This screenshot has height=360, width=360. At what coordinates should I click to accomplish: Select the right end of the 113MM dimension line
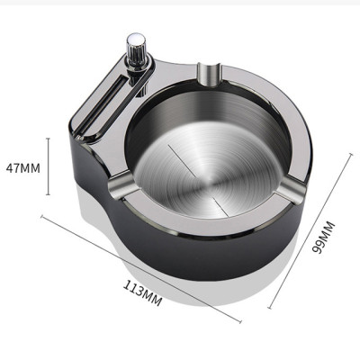pos(241,320)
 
